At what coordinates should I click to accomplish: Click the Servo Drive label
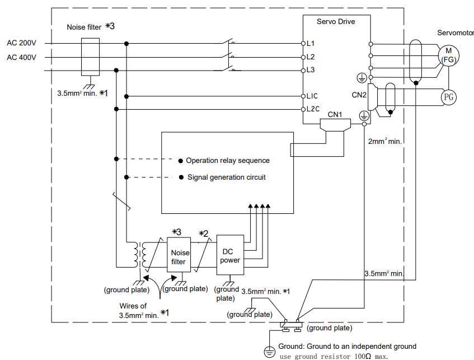(336, 21)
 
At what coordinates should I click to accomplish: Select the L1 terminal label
(311, 44)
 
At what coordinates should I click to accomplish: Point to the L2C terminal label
(313, 109)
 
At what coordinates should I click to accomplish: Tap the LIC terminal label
(312, 96)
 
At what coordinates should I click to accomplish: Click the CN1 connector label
(335, 115)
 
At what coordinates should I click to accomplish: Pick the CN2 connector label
(359, 95)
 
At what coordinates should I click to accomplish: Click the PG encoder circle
(449, 97)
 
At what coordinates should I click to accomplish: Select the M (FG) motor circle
(449, 55)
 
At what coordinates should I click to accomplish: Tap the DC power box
(231, 255)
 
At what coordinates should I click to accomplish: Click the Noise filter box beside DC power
(179, 255)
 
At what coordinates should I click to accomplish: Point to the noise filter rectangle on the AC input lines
(91, 57)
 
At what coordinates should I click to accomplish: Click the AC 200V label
(21, 43)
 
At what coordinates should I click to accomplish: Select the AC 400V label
(21, 57)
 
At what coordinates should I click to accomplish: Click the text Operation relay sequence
(228, 160)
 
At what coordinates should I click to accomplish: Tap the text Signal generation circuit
(227, 177)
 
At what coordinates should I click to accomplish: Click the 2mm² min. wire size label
(385, 141)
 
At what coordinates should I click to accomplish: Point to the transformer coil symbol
(140, 255)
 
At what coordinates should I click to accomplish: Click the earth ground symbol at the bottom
(269, 352)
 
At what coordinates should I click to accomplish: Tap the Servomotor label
(456, 32)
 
